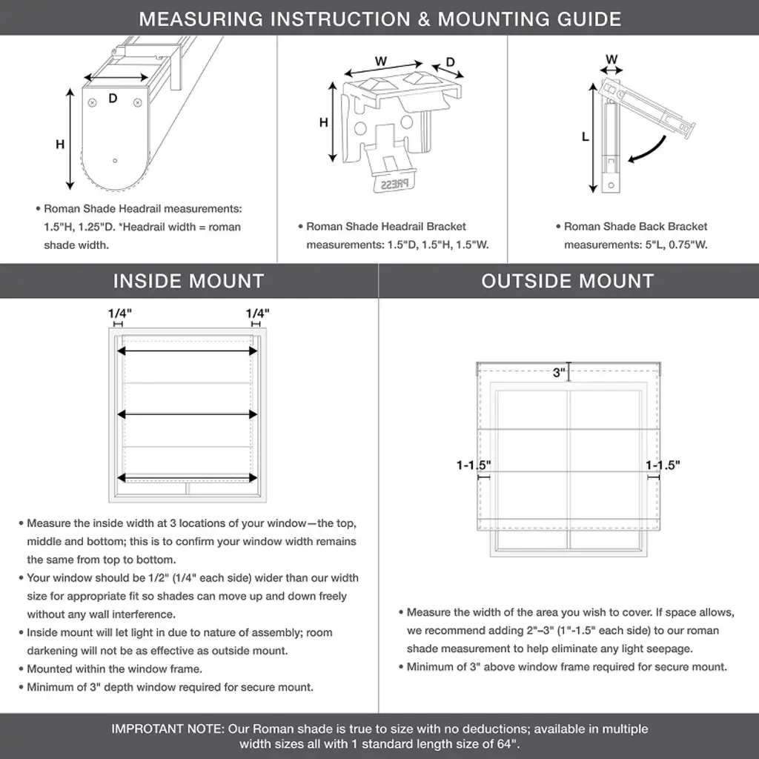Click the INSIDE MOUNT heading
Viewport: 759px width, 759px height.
tap(188, 282)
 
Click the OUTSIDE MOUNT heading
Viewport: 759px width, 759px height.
tap(568, 282)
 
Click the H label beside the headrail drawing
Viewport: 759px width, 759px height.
tap(60, 145)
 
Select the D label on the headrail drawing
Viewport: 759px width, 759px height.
tap(113, 98)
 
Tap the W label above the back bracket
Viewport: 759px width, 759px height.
tap(611, 59)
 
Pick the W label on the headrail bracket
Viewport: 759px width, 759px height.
tap(381, 61)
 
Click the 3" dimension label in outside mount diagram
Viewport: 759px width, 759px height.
tap(559, 373)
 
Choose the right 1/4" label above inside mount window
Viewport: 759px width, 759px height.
tap(257, 314)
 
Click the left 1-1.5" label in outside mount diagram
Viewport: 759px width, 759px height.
tap(474, 465)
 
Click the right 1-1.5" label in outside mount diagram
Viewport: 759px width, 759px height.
tap(663, 465)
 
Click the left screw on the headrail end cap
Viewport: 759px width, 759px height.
tap(93, 102)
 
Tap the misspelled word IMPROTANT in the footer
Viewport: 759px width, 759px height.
tap(147, 729)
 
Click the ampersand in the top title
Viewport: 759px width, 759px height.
tap(424, 19)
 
